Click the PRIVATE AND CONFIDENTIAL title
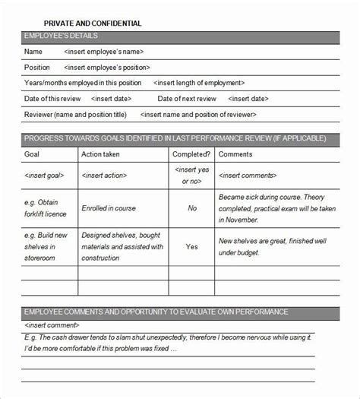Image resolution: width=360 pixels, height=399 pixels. click(x=93, y=24)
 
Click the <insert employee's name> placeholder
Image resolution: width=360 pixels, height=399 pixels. click(x=104, y=52)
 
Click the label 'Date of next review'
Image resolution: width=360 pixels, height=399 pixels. click(x=187, y=99)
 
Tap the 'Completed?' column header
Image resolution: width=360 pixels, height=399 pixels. click(x=191, y=154)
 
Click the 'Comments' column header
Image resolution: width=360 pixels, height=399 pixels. click(x=235, y=154)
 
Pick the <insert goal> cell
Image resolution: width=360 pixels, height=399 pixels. click(x=46, y=176)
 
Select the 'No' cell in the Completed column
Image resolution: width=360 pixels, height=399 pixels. click(x=192, y=207)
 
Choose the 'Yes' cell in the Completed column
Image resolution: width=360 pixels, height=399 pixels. click(x=192, y=247)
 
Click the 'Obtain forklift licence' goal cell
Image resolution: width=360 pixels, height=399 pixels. click(x=48, y=207)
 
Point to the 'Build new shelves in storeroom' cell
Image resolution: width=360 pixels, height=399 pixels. click(x=48, y=247)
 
